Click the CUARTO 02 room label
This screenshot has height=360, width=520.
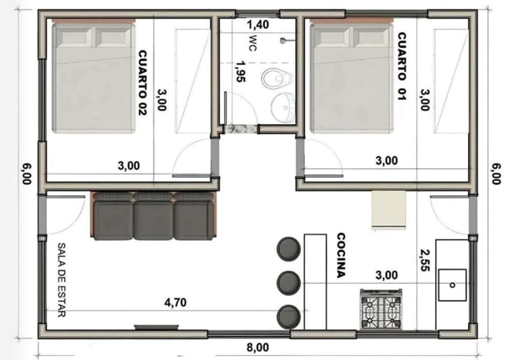142,82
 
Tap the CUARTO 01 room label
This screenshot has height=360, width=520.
402,66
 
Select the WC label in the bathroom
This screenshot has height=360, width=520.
252,43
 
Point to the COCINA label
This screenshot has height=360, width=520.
341,255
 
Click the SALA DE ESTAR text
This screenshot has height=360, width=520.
62,280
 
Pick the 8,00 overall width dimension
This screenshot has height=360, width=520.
258,347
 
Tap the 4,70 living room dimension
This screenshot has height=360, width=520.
175,302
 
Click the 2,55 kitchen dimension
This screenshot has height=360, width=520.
425,260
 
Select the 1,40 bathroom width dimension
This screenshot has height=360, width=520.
258,24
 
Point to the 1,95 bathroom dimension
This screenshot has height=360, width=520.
241,71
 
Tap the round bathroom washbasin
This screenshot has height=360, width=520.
283,106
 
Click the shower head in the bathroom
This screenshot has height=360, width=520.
284,41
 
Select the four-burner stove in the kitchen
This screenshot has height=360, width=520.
381,310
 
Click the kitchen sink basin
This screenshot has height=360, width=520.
452,285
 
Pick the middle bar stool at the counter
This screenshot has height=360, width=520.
289,282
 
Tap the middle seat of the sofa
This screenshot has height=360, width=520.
154,216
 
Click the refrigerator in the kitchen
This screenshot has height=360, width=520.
389,210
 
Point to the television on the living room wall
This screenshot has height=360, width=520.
156,327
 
